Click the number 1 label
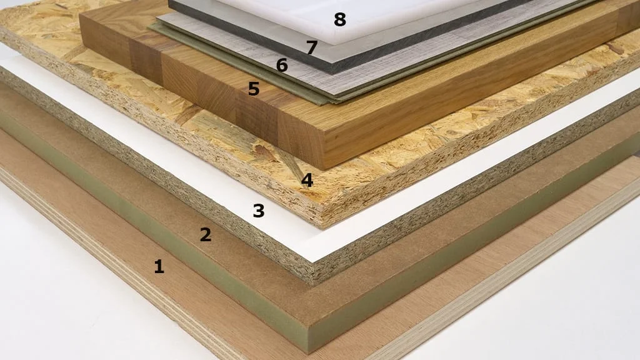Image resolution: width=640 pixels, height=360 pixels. tap(159, 267)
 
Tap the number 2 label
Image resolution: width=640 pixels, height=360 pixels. tap(206, 235)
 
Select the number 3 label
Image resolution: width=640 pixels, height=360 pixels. tap(258, 211)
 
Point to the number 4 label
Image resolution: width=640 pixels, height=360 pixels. tap(307, 181)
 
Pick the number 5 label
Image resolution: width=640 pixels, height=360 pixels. tap(253, 89)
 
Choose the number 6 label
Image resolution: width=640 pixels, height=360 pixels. tap(282, 65)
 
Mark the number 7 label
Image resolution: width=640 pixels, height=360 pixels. tap(312, 47)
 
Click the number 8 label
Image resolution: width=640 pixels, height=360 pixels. tap(339, 20)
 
